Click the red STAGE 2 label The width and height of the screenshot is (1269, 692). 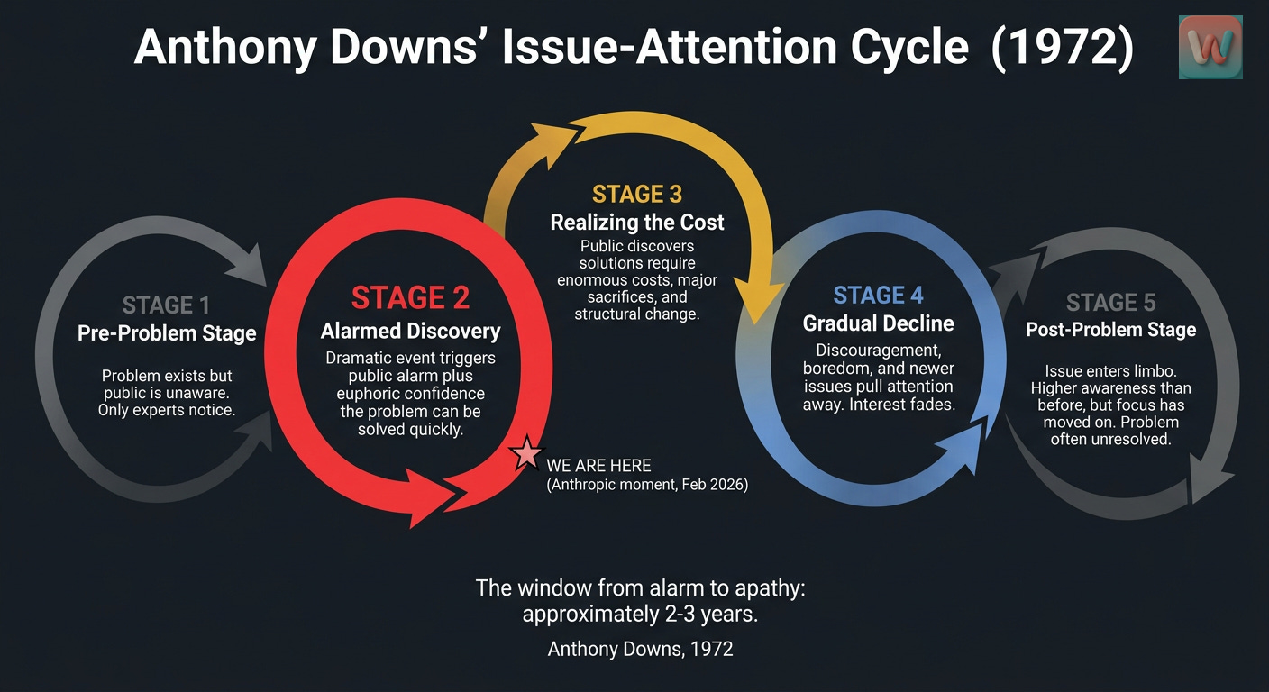[x=410, y=297]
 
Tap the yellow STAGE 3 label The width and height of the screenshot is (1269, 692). [x=637, y=194]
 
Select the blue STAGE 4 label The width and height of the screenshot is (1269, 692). [x=878, y=296]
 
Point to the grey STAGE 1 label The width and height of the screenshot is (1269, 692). [x=168, y=305]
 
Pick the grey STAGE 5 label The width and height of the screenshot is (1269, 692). [x=1110, y=302]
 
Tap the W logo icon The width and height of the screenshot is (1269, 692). [x=1210, y=46]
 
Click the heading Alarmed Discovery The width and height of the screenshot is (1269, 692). [x=410, y=332]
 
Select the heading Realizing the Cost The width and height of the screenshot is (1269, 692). [x=637, y=223]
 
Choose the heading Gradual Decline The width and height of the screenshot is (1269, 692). [x=878, y=323]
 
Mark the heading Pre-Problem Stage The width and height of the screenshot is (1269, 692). [x=168, y=333]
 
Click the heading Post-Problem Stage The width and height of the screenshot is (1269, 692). [x=1110, y=330]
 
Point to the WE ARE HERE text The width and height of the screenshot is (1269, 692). [x=598, y=466]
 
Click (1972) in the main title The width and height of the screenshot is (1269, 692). [x=1062, y=48]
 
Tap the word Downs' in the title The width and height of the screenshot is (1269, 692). [x=403, y=48]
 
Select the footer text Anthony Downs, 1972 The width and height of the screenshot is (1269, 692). [x=640, y=648]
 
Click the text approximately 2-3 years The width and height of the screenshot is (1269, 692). [x=640, y=616]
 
